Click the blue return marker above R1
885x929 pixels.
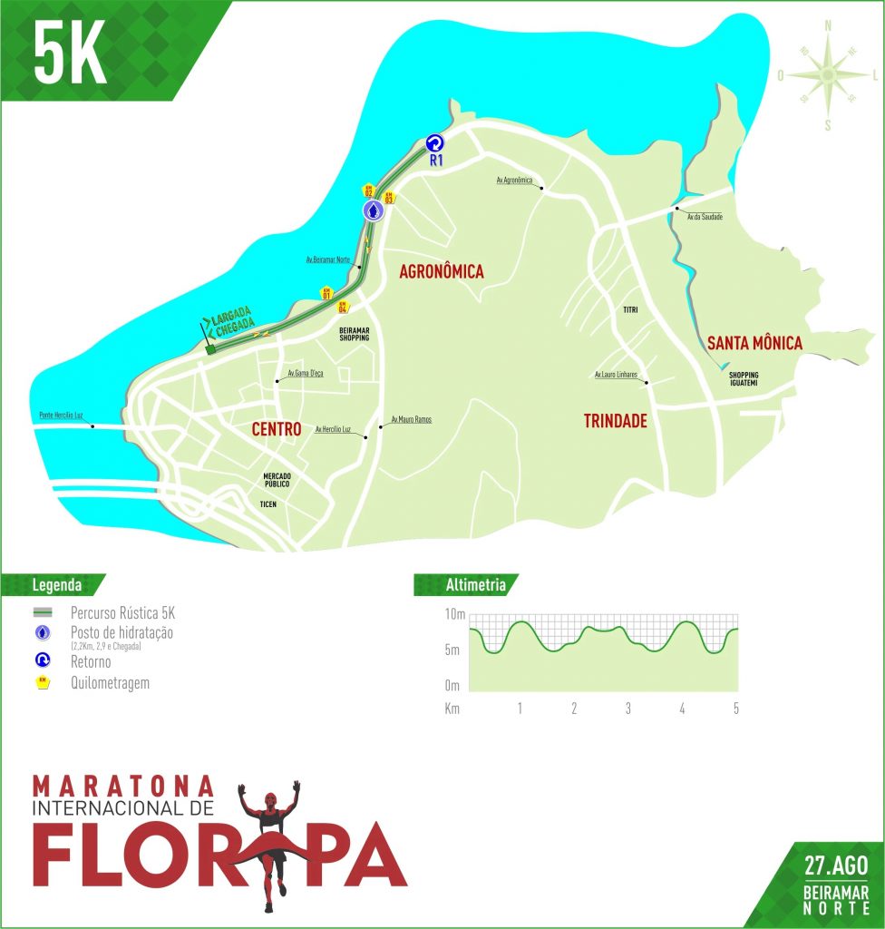tap(433, 142)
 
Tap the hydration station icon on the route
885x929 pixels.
tap(374, 210)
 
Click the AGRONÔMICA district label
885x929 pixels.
tap(442, 271)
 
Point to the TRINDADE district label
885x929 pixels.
tap(615, 421)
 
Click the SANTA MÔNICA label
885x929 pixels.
tap(754, 343)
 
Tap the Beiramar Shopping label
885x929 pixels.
tap(354, 333)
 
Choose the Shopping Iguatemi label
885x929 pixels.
tap(743, 379)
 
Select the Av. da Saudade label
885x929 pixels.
tap(705, 217)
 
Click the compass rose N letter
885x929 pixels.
tap(827, 26)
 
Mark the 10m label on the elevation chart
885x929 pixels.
tap(453, 616)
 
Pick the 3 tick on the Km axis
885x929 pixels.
tap(627, 709)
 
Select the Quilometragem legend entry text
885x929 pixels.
tap(109, 683)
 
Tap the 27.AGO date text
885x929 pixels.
tap(835, 865)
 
